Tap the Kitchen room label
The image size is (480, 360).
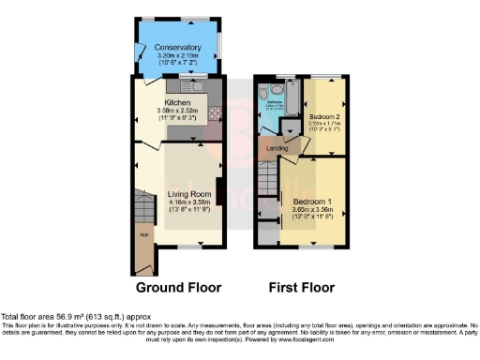pyautogui.click(x=178, y=102)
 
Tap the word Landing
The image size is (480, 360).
pyautogui.click(x=277, y=147)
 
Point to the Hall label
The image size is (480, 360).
pyautogui.click(x=144, y=234)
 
